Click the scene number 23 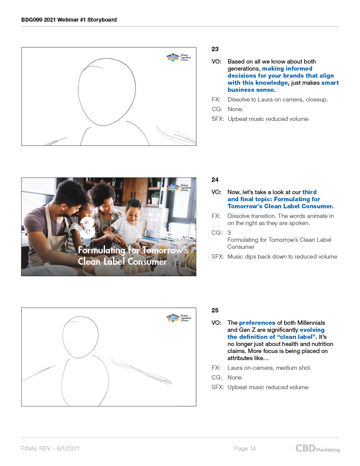(215, 49)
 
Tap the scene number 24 (215, 180)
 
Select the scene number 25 (215, 310)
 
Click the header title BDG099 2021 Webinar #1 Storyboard (69, 19)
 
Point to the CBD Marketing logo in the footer (318, 448)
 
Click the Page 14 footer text (245, 448)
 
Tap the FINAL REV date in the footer (50, 448)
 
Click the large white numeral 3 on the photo (88, 227)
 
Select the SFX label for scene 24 (218, 256)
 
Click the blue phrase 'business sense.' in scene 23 (251, 90)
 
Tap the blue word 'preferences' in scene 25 (257, 323)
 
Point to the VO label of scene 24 (216, 192)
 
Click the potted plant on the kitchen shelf (155, 198)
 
